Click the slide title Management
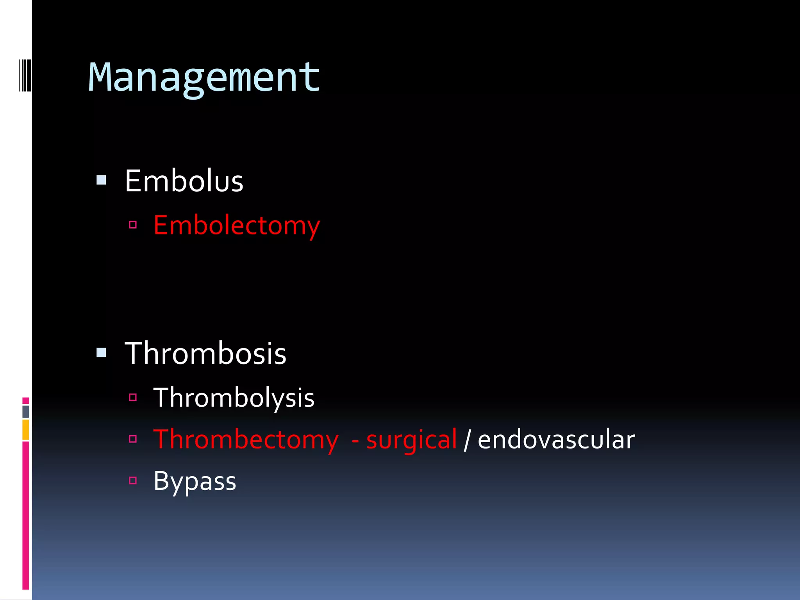tap(204, 78)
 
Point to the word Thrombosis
tap(205, 354)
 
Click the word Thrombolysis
tap(234, 398)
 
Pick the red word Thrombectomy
tap(246, 440)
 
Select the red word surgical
tap(411, 440)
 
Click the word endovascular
tap(556, 440)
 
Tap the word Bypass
tap(195, 481)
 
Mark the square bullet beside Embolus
tap(102, 180)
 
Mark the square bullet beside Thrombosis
tap(102, 353)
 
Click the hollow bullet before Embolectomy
tap(133, 225)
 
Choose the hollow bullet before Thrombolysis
tap(133, 398)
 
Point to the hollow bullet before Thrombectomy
tap(133, 439)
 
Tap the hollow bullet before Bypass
tap(133, 480)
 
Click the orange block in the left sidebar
tap(26, 430)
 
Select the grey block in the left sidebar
tap(26, 411)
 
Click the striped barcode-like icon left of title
tap(25, 75)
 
